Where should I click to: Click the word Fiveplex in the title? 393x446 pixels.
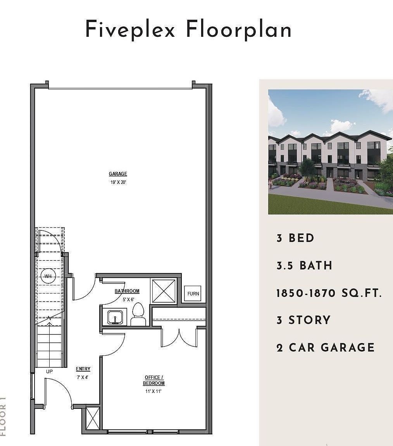click(x=130, y=30)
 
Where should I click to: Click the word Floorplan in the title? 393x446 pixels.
click(x=238, y=30)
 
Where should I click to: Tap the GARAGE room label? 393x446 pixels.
click(x=118, y=174)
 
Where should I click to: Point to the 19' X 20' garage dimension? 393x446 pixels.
click(x=118, y=182)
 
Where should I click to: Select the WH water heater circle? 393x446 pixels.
click(x=48, y=276)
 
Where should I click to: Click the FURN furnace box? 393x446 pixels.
click(x=193, y=293)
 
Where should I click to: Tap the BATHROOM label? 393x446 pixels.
click(x=127, y=291)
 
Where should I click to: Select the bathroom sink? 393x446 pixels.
click(x=115, y=317)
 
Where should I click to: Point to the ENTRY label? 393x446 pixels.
click(x=83, y=369)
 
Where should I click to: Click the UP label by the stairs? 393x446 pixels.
click(x=49, y=371)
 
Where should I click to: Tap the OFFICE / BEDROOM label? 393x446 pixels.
click(x=154, y=380)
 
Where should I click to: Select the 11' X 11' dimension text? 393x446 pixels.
click(x=153, y=391)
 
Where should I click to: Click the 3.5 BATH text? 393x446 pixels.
click(x=304, y=266)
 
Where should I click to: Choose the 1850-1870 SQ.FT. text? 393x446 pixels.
click(x=329, y=293)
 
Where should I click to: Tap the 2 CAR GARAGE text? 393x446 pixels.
click(x=326, y=347)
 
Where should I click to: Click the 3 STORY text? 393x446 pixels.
click(x=303, y=320)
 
